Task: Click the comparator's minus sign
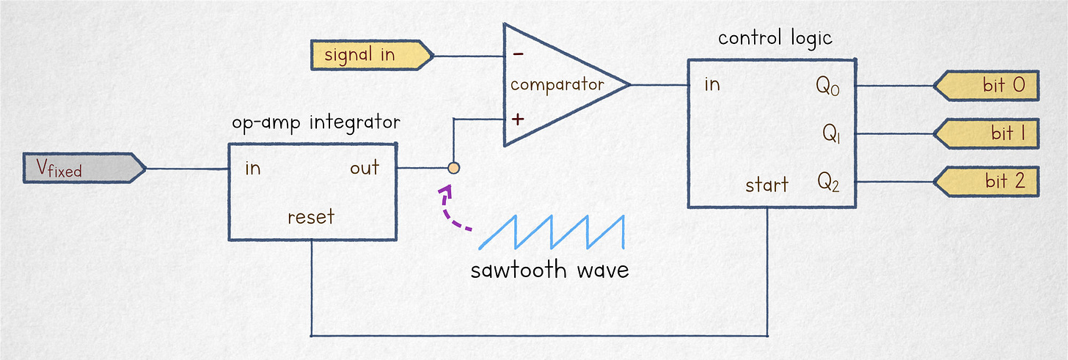[518, 54]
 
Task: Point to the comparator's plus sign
[518, 118]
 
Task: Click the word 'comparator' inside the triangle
[557, 84]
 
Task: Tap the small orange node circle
[453, 169]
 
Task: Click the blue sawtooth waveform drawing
[552, 232]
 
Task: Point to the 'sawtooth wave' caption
[549, 269]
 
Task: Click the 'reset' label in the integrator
[311, 217]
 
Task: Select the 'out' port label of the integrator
[365, 168]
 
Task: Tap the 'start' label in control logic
[767, 184]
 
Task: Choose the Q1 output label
[830, 133]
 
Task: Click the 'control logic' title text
[775, 37]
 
